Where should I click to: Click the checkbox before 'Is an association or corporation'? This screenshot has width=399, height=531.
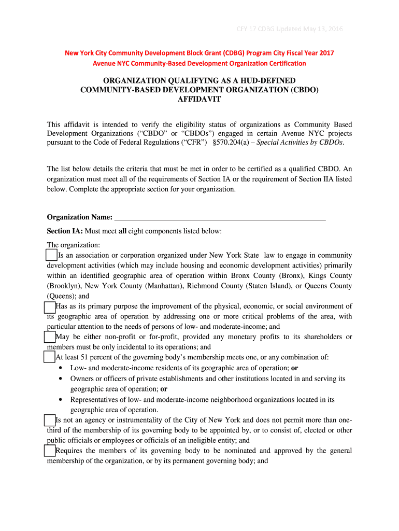pos(51,255)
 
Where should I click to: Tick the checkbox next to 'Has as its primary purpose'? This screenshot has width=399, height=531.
pos(49,306)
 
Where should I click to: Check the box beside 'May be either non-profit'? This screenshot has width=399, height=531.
pos(49,337)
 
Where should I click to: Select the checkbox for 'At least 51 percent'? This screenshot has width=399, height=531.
pos(49,357)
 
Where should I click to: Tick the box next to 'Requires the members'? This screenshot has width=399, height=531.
pos(49,451)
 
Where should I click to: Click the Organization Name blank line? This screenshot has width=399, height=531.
pos(220,217)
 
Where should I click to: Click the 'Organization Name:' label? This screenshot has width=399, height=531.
pos(79,217)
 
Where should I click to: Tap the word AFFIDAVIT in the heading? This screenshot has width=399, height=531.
pos(199,100)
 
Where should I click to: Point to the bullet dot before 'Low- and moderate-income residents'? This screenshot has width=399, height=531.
pos(61,368)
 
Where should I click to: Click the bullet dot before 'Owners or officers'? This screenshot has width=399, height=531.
pos(61,379)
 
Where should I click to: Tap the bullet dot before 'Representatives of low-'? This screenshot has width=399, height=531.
pos(61,400)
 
